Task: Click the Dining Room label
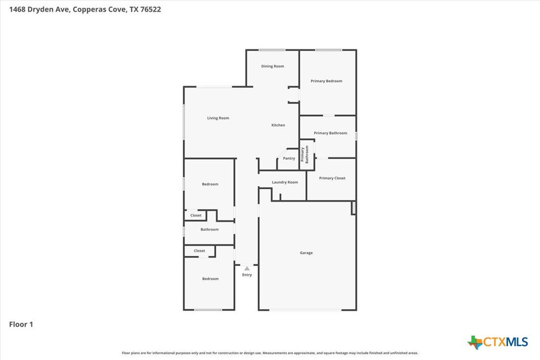[272, 66]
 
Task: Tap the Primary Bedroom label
[327, 81]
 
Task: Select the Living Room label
[218, 118]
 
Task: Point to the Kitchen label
[278, 125]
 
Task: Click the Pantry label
[289, 159]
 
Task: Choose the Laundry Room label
[285, 182]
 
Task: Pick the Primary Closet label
[332, 178]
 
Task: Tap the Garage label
[306, 253]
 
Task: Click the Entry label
[247, 275]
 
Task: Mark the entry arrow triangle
[247, 269]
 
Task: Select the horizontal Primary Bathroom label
[330, 133]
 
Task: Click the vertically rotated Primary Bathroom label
[304, 154]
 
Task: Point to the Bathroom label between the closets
[209, 229]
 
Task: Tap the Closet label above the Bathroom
[195, 215]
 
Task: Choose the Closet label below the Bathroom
[199, 251]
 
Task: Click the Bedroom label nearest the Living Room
[210, 184]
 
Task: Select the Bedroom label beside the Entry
[210, 278]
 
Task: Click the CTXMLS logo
[498, 342]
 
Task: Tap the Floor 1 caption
[21, 324]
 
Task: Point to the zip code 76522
[151, 9]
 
